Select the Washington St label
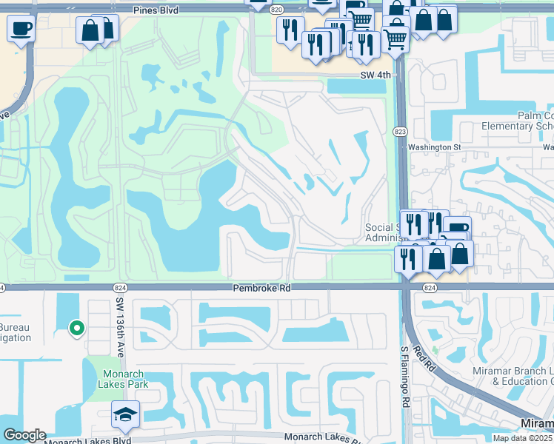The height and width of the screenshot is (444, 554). click(x=435, y=147)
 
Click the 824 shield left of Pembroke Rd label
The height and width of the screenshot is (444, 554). click(x=120, y=287)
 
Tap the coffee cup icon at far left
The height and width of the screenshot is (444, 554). click(x=21, y=29)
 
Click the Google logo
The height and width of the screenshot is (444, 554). click(x=24, y=435)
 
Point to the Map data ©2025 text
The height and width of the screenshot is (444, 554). click(x=522, y=438)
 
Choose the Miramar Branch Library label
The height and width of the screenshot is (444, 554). click(x=513, y=375)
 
